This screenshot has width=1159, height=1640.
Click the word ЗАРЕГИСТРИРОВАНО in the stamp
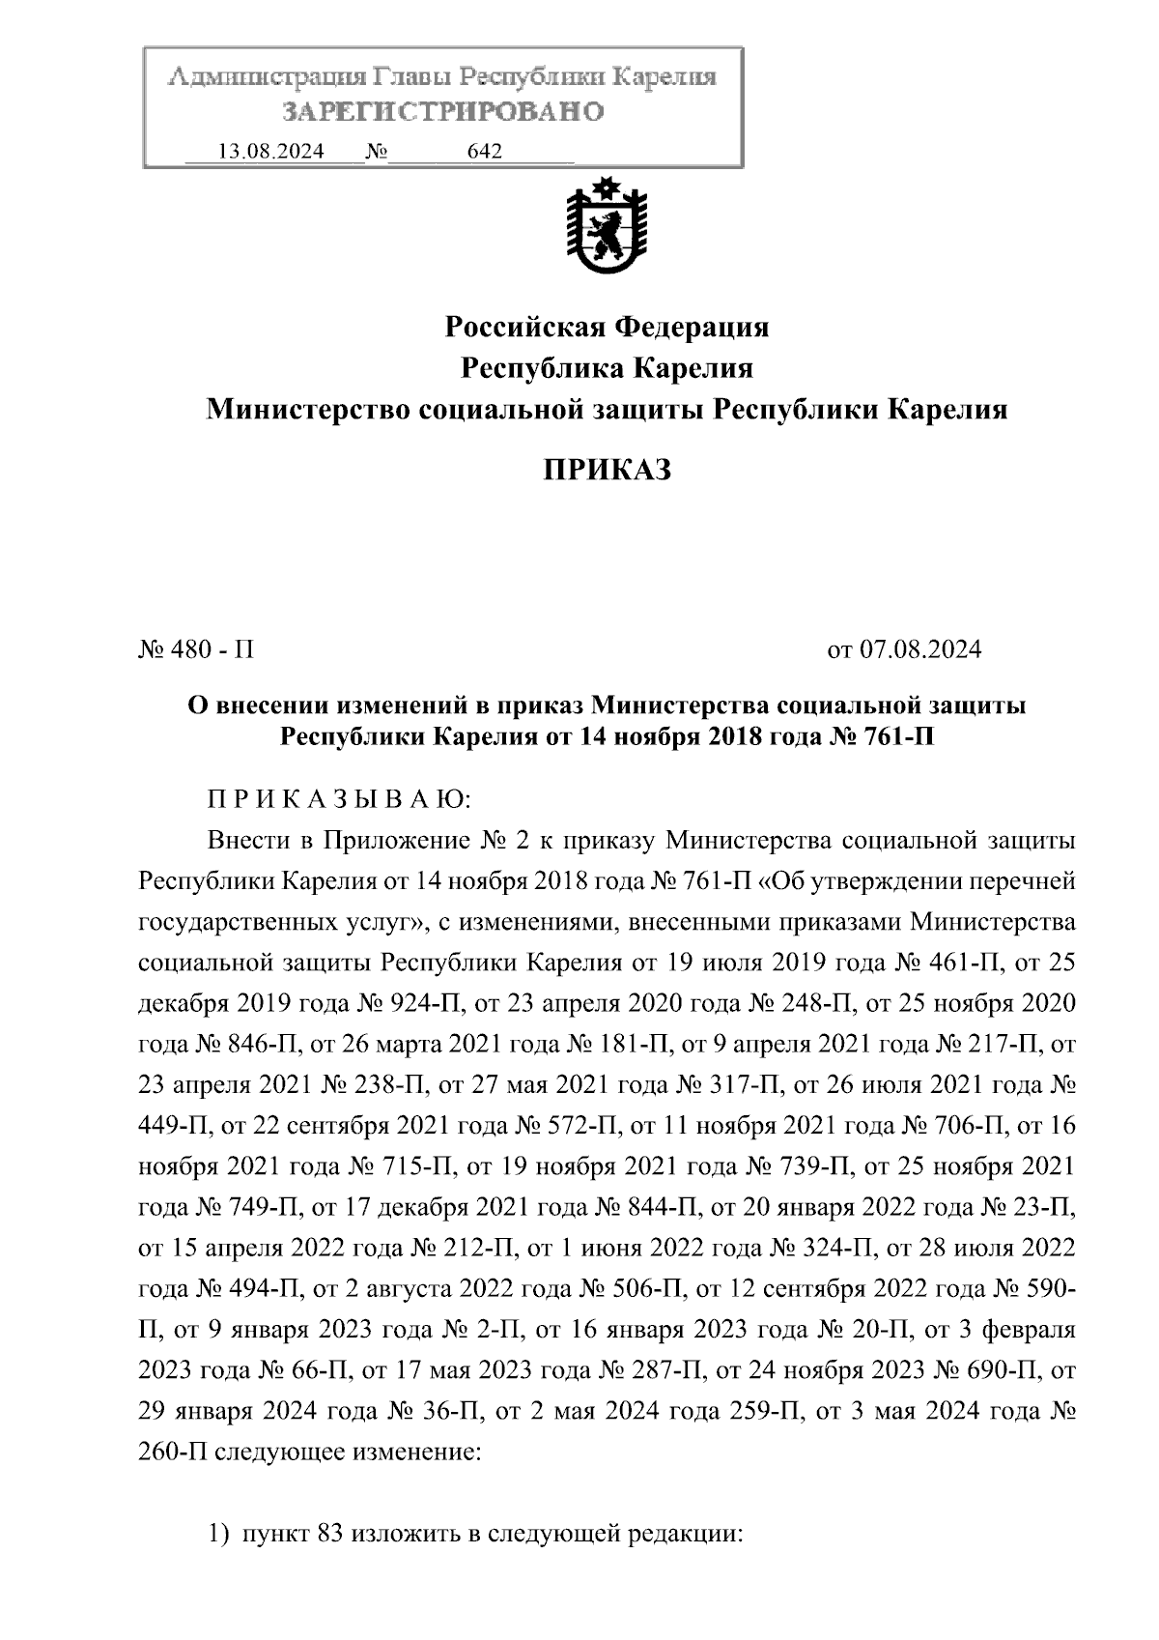[443, 112]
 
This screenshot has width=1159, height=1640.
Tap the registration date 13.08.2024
[271, 152]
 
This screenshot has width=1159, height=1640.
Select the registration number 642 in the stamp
[485, 152]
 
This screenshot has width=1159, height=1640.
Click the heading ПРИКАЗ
[607, 471]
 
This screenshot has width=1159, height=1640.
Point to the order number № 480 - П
[197, 649]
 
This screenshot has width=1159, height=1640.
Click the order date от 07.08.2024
[905, 649]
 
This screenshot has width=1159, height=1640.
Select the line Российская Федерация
[607, 328]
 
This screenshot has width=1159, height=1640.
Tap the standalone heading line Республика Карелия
[607, 369]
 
